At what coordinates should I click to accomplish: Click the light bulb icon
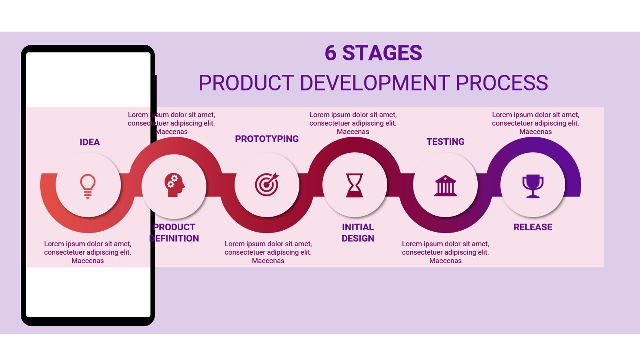point(88,186)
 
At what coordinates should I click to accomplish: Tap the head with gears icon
point(174,185)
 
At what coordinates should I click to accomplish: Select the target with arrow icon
point(267,185)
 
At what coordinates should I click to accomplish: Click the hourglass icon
point(355,185)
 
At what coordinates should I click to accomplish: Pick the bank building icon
point(445,185)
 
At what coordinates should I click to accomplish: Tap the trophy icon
point(533,186)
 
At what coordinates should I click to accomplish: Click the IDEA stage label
point(90,142)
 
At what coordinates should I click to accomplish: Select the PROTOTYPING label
point(267,139)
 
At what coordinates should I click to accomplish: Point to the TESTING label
point(445,142)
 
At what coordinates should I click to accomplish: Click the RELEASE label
point(533,227)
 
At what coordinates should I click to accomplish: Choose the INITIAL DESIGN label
point(358,233)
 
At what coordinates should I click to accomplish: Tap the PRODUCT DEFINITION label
point(174,233)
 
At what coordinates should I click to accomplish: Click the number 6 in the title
point(330,53)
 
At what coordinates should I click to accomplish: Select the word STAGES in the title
point(382,53)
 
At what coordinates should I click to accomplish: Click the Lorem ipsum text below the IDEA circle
point(88,252)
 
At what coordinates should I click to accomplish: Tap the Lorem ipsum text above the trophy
point(535,123)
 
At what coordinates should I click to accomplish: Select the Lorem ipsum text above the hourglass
point(353,123)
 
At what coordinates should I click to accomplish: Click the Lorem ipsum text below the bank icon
point(445,252)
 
